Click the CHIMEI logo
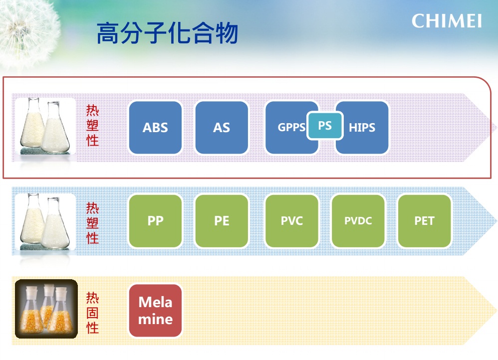tap(447, 21)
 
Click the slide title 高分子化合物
tap(167, 33)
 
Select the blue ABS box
tap(155, 128)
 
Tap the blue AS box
tap(222, 128)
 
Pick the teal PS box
tap(324, 126)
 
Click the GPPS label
tap(291, 127)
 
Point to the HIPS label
tap(362, 128)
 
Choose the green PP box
tap(155, 221)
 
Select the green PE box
tap(222, 221)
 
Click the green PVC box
tap(292, 221)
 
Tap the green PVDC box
tap(358, 221)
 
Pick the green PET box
tap(425, 221)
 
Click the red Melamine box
tap(155, 311)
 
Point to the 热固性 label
tap(92, 313)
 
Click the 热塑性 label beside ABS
tap(92, 125)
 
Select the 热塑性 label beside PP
tap(92, 223)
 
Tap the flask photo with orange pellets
tap(46, 309)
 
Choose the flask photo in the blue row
tap(45, 222)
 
